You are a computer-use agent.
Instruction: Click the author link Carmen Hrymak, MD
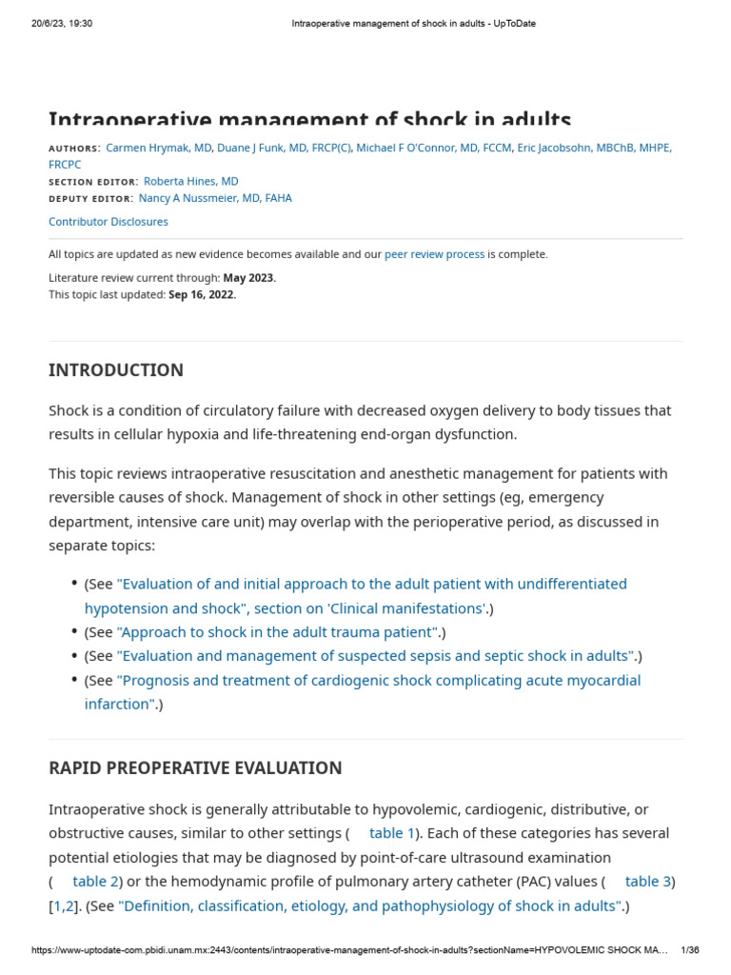[159, 148]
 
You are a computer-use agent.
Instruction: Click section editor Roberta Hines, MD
[190, 181]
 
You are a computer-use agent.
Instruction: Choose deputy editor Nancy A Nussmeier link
[215, 198]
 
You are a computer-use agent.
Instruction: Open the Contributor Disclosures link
[108, 222]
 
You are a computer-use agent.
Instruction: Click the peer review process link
[434, 254]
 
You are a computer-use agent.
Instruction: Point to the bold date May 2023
[248, 278]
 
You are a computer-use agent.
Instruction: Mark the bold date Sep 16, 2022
[202, 294]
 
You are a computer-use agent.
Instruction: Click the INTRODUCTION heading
[116, 370]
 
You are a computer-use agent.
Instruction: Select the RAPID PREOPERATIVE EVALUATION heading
[195, 768]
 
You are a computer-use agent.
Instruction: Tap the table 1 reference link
[392, 833]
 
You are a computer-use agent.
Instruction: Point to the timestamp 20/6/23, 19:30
[62, 24]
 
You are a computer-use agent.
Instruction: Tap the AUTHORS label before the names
[73, 149]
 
